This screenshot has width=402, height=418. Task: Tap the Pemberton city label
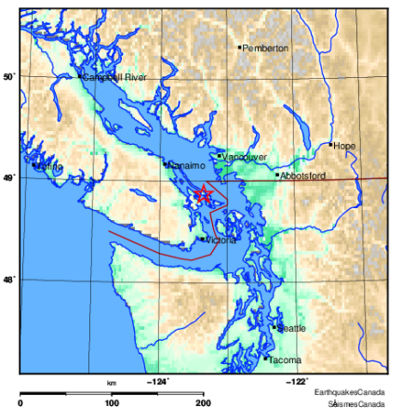coord(266,47)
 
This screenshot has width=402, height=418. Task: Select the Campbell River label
coord(115,78)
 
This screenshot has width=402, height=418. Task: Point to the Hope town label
coord(345,146)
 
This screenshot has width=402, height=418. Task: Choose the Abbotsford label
coord(301,175)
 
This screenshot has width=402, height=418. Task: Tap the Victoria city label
coord(221,240)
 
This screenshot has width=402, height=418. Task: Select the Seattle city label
coord(292,328)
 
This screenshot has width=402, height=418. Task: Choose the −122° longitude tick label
coord(297,381)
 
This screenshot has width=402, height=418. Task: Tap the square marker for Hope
coord(330,144)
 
